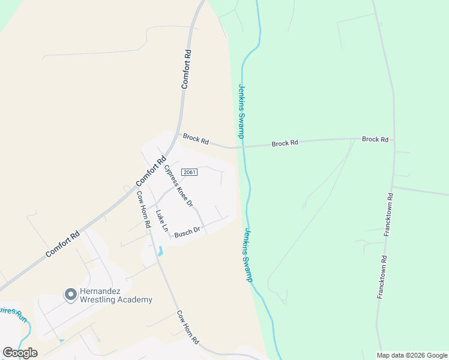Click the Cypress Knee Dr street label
pyautogui.click(x=178, y=187)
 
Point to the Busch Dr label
pyautogui.click(x=186, y=232)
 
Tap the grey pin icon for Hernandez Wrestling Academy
pyautogui.click(x=70, y=294)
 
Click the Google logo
pyautogui.click(x=20, y=353)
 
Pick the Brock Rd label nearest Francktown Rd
pyautogui.click(x=375, y=139)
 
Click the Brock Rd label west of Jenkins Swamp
pyautogui.click(x=196, y=140)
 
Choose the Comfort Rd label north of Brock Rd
pyautogui.click(x=187, y=69)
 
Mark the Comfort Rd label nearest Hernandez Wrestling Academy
pyautogui.click(x=62, y=245)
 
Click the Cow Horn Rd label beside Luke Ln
pyautogui.click(x=143, y=209)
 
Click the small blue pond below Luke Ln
pyautogui.click(x=160, y=251)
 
